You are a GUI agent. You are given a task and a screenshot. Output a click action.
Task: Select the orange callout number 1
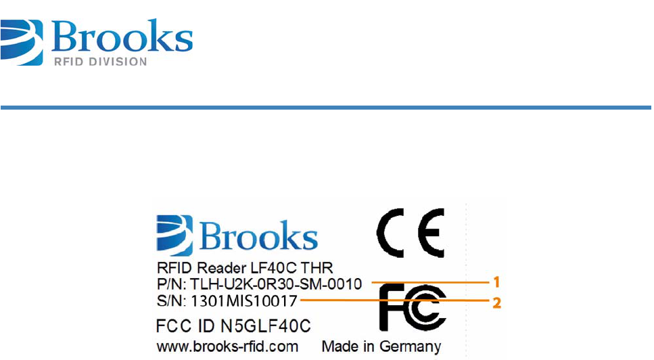point(496,279)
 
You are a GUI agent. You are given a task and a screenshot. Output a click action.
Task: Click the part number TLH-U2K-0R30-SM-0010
point(275,283)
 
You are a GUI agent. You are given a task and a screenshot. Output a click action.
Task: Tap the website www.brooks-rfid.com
point(228,346)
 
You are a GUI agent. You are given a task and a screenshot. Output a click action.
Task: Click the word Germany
point(411,346)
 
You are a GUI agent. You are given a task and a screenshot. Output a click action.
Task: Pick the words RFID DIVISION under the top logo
point(99,62)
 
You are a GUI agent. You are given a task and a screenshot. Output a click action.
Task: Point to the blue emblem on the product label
point(174,235)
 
